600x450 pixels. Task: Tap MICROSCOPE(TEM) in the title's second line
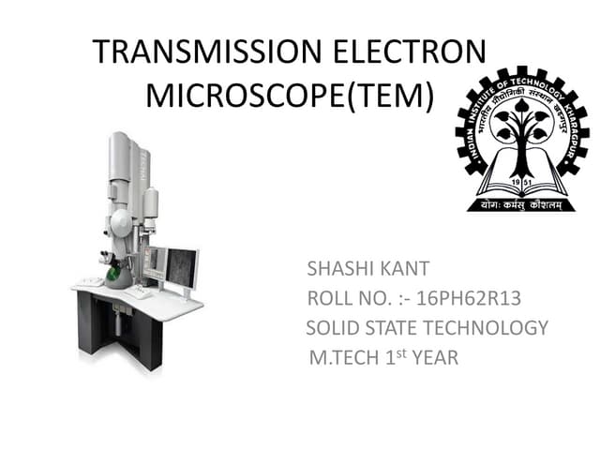[290, 96]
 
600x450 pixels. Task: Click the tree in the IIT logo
[517, 131]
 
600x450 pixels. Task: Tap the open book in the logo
[517, 182]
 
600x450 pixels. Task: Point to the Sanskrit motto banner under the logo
[517, 202]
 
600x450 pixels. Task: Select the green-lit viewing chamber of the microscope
[114, 273]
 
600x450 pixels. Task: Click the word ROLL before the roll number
[329, 300]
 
